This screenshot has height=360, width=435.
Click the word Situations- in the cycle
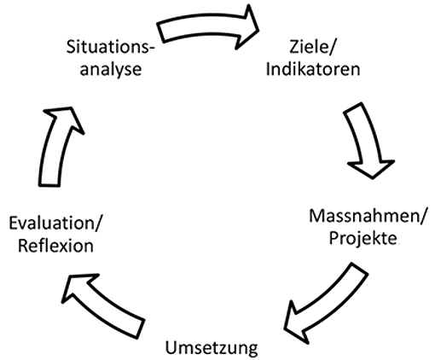[x=110, y=47]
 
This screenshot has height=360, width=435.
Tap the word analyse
[x=111, y=70]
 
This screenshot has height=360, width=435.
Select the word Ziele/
[x=312, y=47]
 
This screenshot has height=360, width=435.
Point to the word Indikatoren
[x=313, y=69]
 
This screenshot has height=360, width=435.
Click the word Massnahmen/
[x=368, y=216]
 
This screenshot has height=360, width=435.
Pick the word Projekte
[x=363, y=238]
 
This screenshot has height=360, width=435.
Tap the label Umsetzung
[x=212, y=348]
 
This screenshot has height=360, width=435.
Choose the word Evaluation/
[x=55, y=224]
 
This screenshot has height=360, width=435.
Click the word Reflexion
[x=55, y=246]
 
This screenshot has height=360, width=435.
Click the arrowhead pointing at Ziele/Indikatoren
[x=246, y=27]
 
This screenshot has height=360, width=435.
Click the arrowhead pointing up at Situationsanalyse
[x=64, y=118]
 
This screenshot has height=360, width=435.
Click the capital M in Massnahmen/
[x=316, y=216]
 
